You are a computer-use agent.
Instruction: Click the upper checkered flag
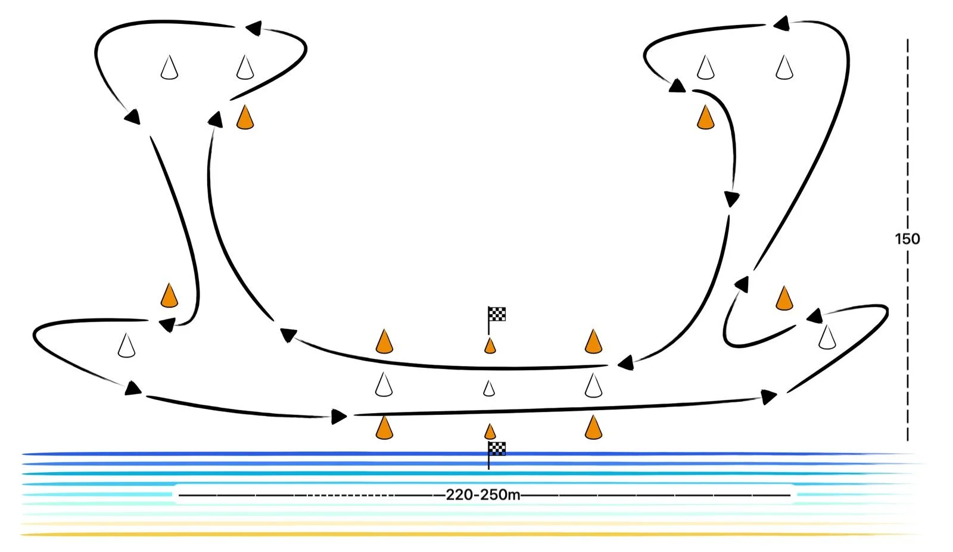pos(497,314)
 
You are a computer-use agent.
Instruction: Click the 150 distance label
pos(907,239)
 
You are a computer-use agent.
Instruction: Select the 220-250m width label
pos(482,495)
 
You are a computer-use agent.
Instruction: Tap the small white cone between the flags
pos(489,389)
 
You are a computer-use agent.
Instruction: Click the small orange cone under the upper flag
pos(490,346)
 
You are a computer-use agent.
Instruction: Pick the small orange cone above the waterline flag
pos(490,431)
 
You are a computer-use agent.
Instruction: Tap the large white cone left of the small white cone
pos(384,384)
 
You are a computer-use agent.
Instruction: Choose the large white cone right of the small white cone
pos(593,385)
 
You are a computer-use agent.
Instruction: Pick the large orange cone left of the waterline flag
pos(384,427)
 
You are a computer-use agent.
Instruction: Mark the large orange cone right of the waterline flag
pos(593,427)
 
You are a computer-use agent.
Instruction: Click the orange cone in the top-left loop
pos(245,117)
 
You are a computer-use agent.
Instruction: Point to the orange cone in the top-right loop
pos(705,117)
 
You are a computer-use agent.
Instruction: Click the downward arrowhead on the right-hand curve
pos(732,199)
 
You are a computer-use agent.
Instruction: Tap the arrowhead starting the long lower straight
pos(339,416)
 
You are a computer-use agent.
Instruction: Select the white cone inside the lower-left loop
pos(126,346)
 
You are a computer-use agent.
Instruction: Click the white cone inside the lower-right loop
pos(827,337)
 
